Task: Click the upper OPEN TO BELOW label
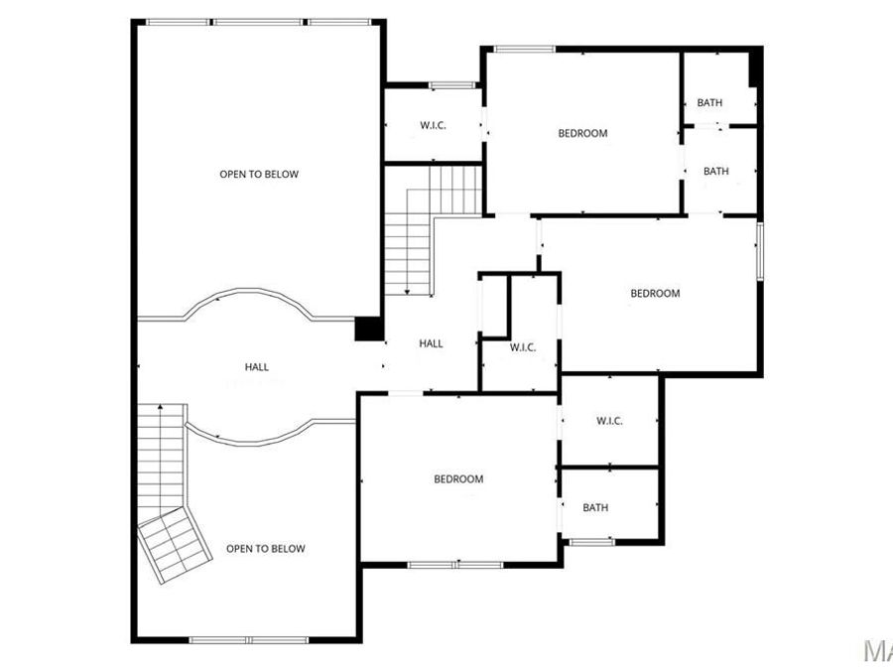[259, 175]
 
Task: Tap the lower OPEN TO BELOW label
[266, 549]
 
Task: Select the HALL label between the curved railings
[257, 367]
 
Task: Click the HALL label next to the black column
[431, 343]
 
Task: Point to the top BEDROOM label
[582, 134]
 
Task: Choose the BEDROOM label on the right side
[656, 294]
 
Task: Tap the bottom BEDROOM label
[458, 479]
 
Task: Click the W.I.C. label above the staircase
[433, 125]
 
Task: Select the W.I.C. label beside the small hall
[523, 347]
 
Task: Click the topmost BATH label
[709, 103]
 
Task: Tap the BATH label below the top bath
[716, 172]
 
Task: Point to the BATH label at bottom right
[595, 508]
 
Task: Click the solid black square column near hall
[369, 329]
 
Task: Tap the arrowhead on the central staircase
[407, 291]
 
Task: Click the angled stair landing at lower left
[175, 545]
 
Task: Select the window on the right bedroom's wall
[760, 251]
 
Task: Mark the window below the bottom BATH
[591, 541]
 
